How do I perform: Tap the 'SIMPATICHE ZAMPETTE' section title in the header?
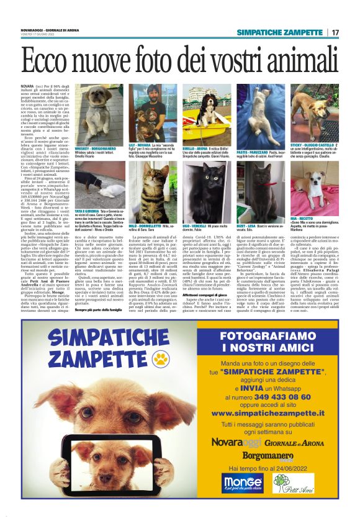282,32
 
